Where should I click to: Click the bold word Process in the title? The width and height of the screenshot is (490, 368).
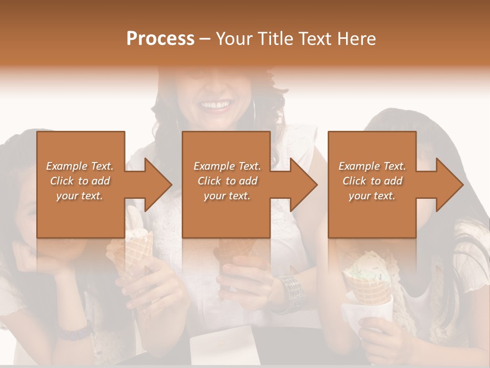click(x=160, y=39)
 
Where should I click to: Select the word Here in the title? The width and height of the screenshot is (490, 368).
click(x=357, y=39)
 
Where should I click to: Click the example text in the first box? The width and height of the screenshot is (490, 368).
click(x=80, y=181)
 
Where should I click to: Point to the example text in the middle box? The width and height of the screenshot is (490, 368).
click(x=227, y=181)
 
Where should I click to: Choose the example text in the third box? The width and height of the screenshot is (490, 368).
click(x=372, y=181)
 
